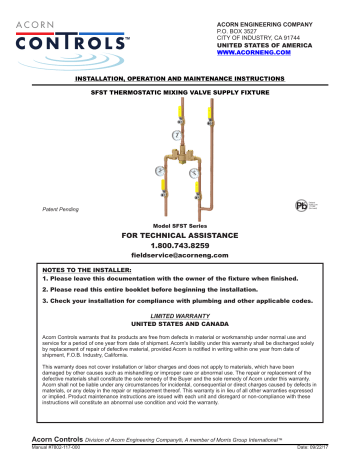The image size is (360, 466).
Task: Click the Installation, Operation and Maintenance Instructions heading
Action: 180,75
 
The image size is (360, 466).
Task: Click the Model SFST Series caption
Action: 181,226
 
